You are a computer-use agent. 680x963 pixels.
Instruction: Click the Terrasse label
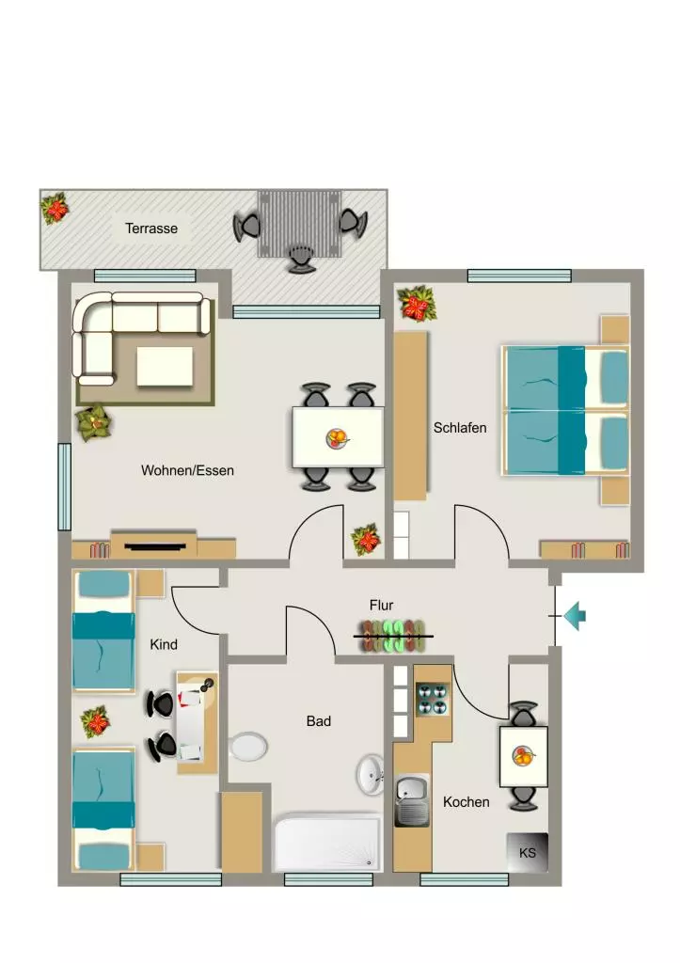coord(151,229)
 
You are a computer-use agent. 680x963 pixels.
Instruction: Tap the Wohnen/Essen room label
coord(187,470)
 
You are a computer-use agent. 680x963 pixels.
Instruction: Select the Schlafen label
coord(460,428)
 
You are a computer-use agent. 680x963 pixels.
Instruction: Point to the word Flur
coord(382,605)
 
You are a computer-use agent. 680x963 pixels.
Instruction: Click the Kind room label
coord(164,644)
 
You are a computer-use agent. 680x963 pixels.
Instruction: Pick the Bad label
coord(319,721)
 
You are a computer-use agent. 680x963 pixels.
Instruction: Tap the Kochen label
coord(467,802)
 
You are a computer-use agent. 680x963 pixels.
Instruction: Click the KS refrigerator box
coord(527,852)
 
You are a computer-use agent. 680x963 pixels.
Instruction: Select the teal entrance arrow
coord(575,615)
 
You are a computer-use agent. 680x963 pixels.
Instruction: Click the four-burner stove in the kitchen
coord(433,699)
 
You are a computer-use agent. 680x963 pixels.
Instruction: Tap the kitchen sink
coord(412,801)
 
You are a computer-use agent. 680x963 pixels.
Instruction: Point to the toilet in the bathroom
coord(248,747)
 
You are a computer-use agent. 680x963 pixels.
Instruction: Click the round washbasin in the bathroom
coord(371,773)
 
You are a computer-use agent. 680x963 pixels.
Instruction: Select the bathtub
coord(327,842)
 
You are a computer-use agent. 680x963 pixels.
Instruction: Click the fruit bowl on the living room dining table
coord(338,438)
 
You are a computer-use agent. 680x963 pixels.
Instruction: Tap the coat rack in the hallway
coord(393,637)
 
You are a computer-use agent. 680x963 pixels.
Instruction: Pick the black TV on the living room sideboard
coord(155,546)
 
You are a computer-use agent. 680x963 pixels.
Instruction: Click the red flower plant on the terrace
coord(55,209)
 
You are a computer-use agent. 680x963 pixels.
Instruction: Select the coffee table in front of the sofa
coord(165,367)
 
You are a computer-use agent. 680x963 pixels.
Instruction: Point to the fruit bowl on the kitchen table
coord(523,756)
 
